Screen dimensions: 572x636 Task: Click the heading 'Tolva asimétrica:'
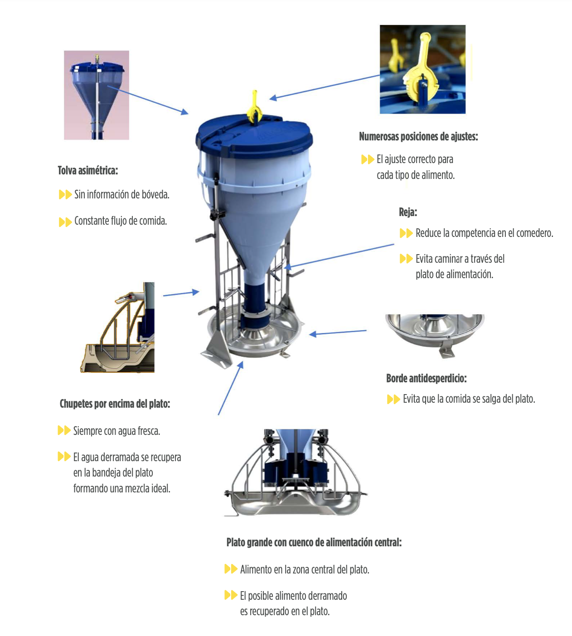[88, 171]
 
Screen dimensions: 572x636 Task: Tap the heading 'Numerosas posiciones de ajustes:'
[418, 137]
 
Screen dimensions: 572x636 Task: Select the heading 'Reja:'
[408, 212]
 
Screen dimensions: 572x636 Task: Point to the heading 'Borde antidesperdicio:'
[427, 378]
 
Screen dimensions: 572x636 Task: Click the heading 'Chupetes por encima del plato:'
[115, 404]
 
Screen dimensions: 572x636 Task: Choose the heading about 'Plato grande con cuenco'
[314, 543]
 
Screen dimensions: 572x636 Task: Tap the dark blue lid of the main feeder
[254, 136]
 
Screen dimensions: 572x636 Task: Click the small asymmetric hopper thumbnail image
[97, 95]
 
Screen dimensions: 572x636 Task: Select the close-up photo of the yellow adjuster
[422, 69]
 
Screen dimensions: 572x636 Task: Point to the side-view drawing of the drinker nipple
[117, 327]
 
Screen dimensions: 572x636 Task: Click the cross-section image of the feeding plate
[295, 472]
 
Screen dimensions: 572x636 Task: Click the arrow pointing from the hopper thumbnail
[148, 100]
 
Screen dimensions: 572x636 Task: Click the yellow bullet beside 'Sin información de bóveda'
[65, 194]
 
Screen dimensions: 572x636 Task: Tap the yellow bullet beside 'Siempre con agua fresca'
[64, 430]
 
